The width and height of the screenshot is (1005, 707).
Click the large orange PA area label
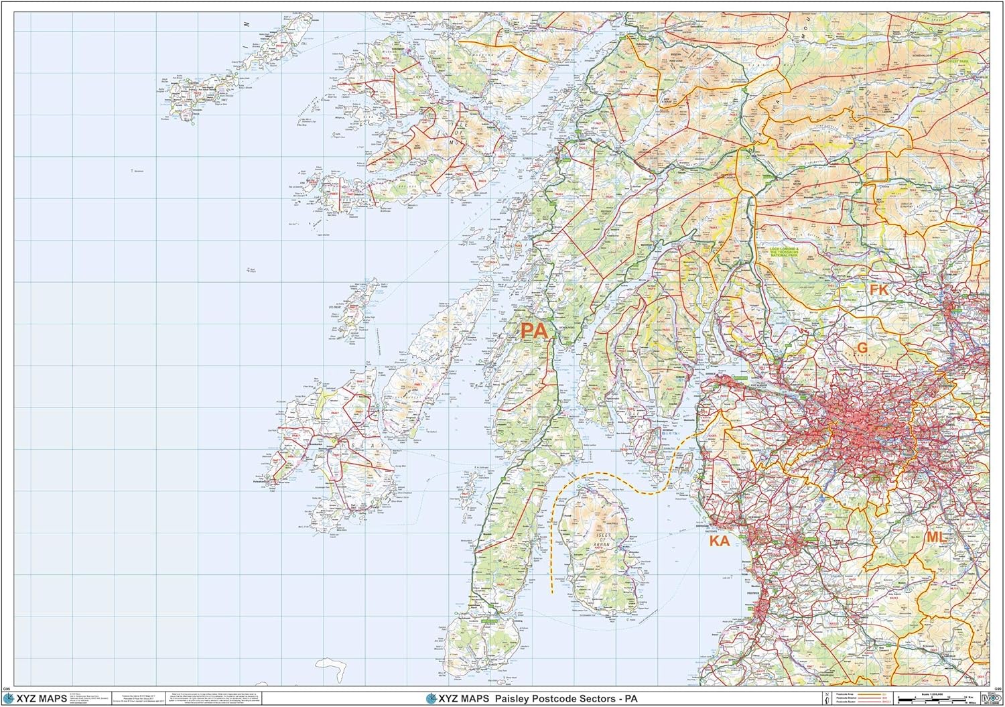tap(534, 330)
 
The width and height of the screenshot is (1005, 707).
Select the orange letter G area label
tap(862, 348)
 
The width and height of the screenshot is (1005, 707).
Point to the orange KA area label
tap(719, 541)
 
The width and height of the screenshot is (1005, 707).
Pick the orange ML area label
tap(935, 537)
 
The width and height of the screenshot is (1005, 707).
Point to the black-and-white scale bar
tap(935, 701)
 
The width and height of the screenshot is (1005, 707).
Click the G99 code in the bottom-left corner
tap(7, 689)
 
